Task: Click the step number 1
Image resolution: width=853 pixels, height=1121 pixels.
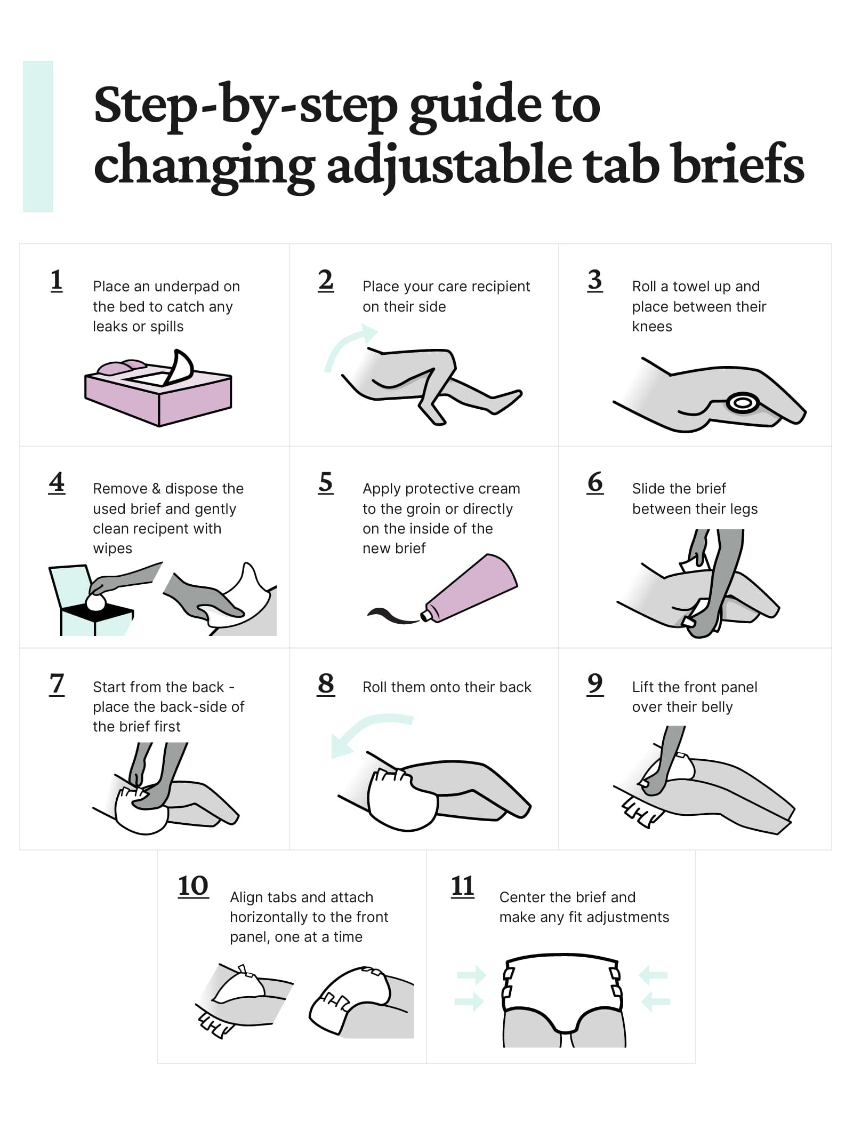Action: click(x=57, y=281)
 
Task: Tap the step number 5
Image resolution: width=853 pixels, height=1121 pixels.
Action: click(x=326, y=483)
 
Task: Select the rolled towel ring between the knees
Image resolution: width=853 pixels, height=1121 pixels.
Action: click(x=743, y=403)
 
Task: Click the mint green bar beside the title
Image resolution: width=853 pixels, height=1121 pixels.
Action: click(x=38, y=137)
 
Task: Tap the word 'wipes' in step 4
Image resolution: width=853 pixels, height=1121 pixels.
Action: click(x=112, y=548)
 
